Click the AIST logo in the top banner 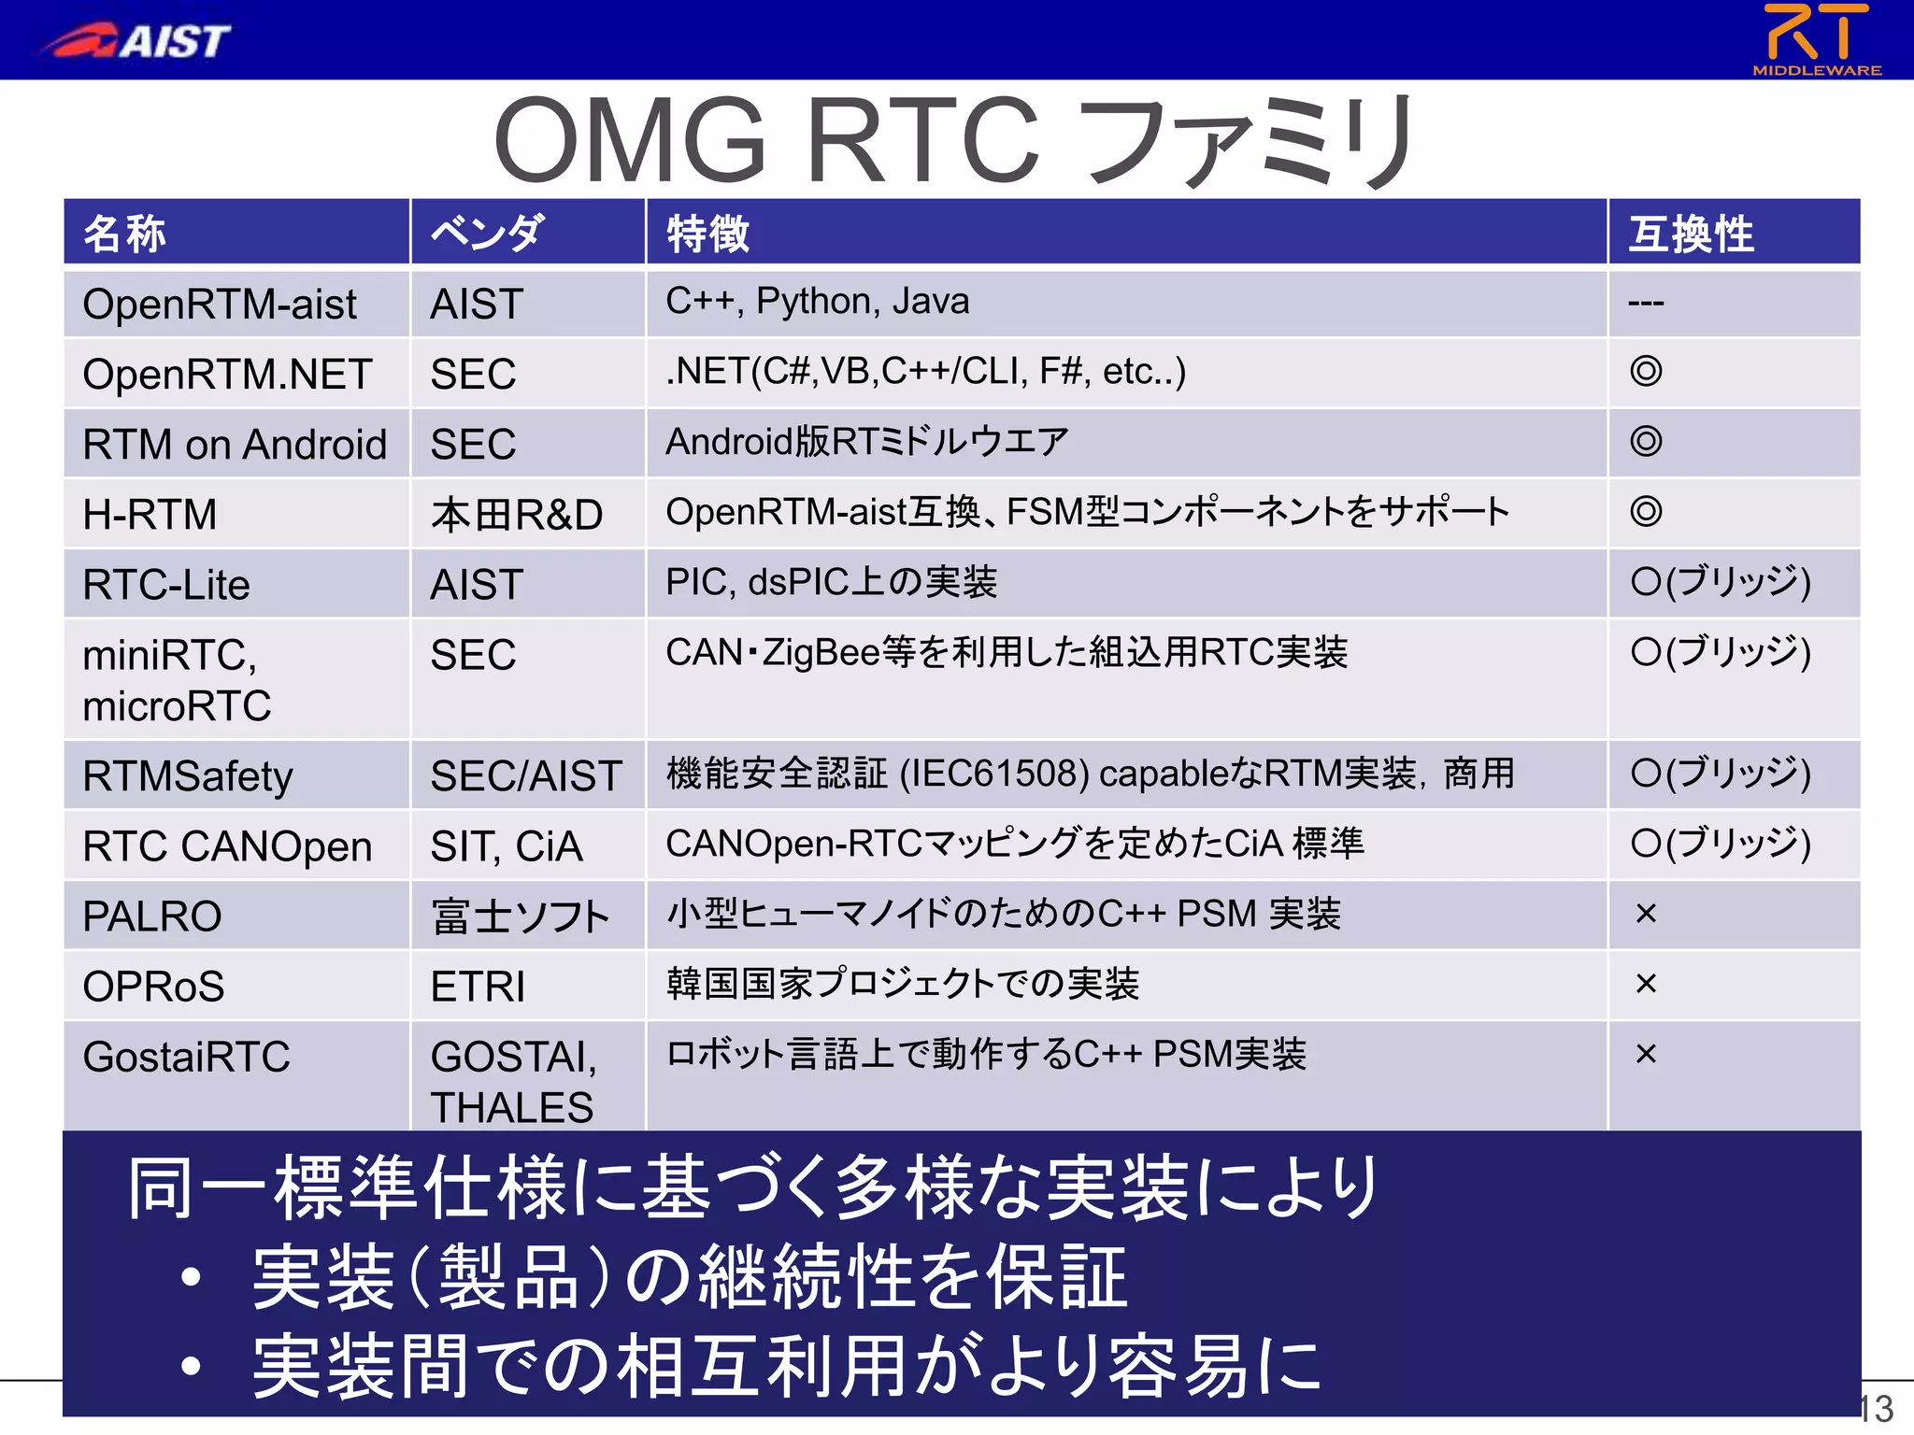coord(136,40)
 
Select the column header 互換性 coord(1691,234)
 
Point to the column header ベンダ coord(486,234)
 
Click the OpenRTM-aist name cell coord(220,305)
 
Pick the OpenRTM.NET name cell coord(227,375)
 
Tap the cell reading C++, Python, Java coord(818,302)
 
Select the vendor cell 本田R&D coord(517,515)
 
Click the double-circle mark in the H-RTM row coord(1646,511)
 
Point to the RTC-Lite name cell coord(166,585)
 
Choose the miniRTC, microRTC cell coord(178,680)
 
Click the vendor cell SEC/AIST coord(526,776)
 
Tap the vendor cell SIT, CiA coord(507,846)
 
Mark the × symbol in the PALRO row coord(1646,914)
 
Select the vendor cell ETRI coord(478,987)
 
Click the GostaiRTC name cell coord(187,1057)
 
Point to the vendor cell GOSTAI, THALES coord(513,1082)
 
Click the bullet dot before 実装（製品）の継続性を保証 coord(192,1277)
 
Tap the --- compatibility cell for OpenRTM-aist coord(1646,303)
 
